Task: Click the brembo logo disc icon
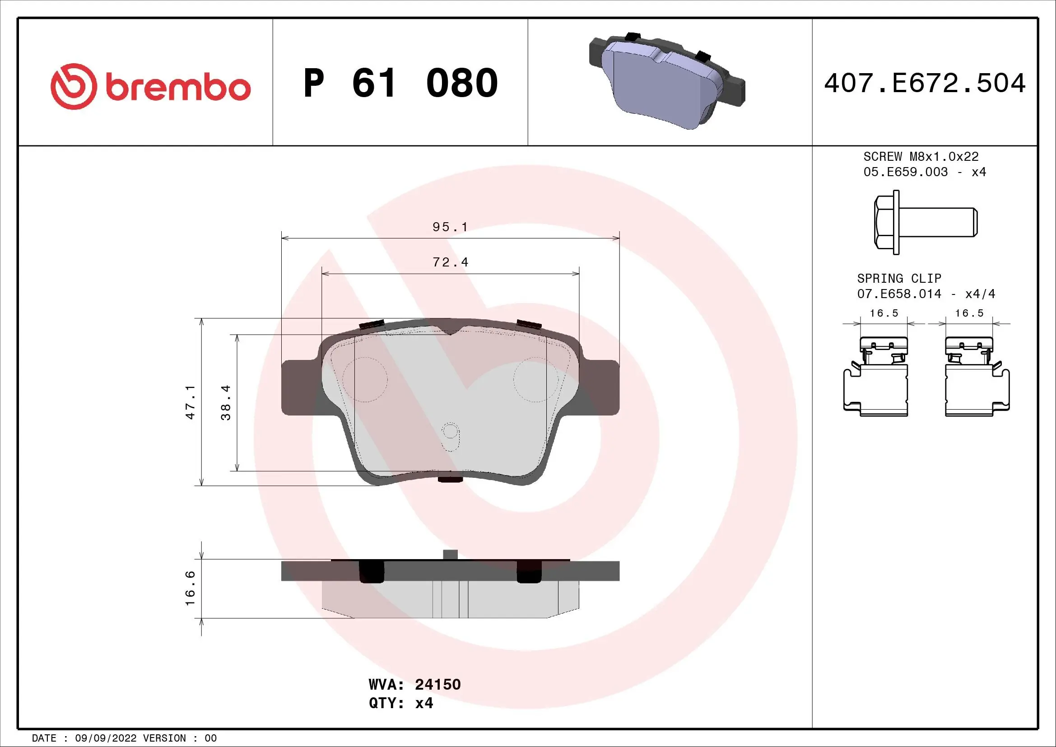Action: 74,86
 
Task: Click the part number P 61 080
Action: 400,83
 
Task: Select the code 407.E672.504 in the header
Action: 925,83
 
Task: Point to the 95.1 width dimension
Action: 450,227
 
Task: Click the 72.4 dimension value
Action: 450,262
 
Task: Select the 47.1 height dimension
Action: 191,402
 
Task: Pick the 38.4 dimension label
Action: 226,402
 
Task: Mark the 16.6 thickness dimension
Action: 191,588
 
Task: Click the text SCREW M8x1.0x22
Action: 921,156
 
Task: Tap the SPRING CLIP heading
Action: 899,278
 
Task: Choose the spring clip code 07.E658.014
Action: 899,294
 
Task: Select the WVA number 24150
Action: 437,684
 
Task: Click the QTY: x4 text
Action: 400,703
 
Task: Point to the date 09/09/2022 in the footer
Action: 105,738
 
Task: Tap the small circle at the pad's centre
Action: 450,431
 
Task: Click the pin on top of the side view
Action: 450,554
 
